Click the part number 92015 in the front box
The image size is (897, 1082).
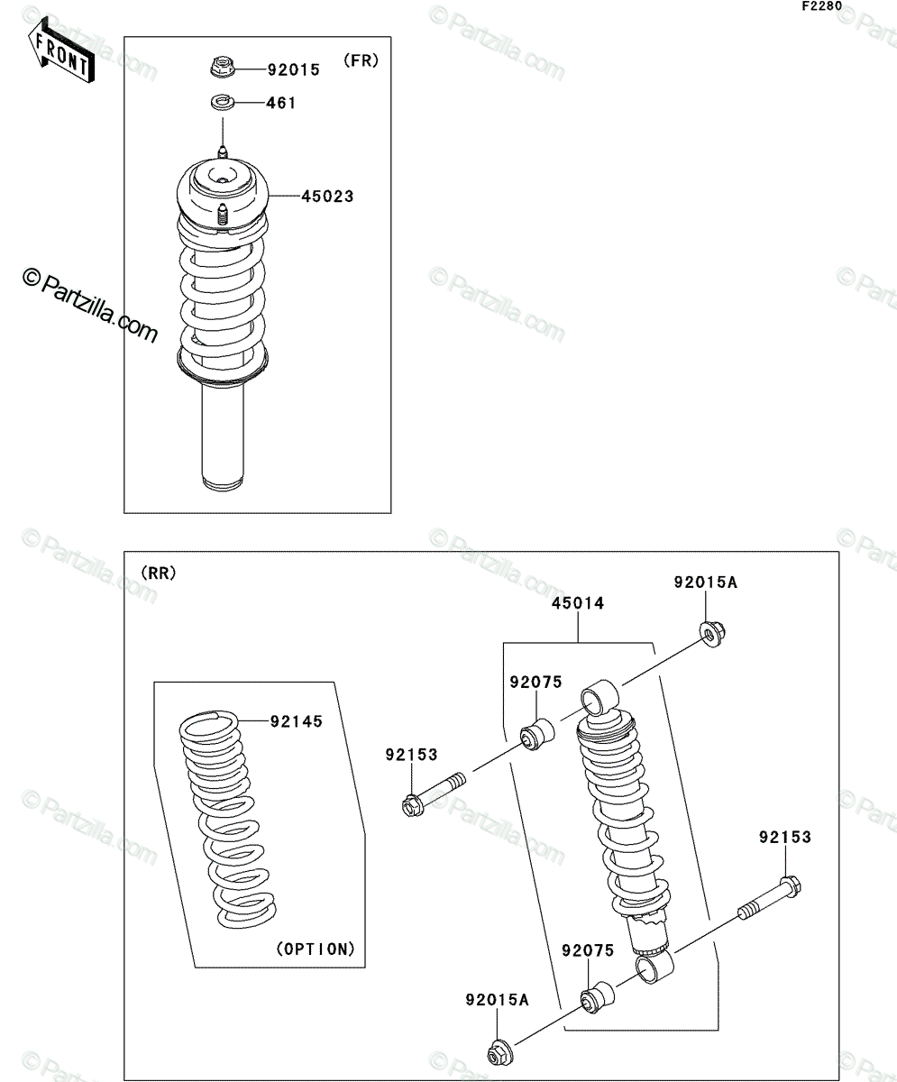pos(293,69)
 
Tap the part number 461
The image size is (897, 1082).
pos(281,103)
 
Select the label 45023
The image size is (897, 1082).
pos(327,197)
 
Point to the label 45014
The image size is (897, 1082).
pos(578,603)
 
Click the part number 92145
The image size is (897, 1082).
pos(297,721)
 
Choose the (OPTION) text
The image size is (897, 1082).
pos(316,949)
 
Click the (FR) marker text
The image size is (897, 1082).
pos(362,60)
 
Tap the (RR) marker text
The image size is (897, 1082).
pos(159,573)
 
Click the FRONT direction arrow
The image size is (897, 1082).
pos(61,50)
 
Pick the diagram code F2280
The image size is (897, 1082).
pos(822,6)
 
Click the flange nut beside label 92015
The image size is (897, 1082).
pos(223,68)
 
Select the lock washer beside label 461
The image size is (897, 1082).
pos(223,102)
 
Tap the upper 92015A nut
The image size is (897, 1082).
pos(712,634)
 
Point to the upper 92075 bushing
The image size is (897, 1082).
pos(537,734)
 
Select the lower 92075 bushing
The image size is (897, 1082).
pos(598,996)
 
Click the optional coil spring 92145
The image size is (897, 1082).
pos(228,819)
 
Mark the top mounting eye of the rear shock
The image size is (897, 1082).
pos(600,698)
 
